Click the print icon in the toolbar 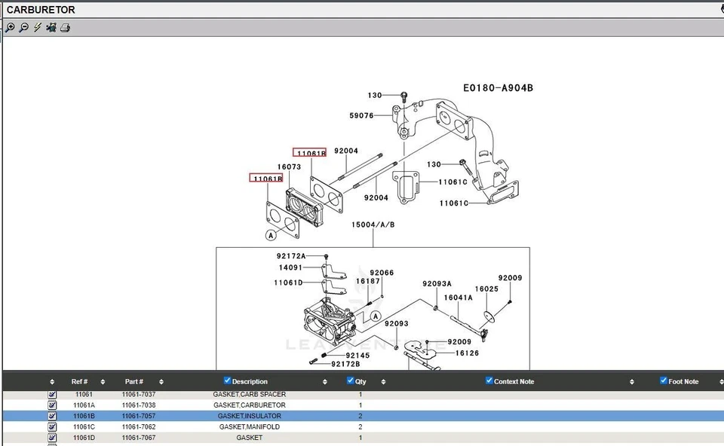click(x=66, y=28)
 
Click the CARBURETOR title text click(x=41, y=10)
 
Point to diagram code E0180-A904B click(x=498, y=87)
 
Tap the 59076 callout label click(x=361, y=115)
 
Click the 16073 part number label click(x=289, y=166)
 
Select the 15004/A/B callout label click(x=373, y=225)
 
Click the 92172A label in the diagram click(x=291, y=256)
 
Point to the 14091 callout click(x=290, y=267)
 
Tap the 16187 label click(x=368, y=281)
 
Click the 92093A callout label click(x=437, y=284)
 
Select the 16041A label click(x=458, y=298)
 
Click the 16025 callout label click(x=486, y=289)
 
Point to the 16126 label click(x=468, y=353)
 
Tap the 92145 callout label click(x=357, y=355)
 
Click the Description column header click(x=250, y=381)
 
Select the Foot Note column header click(x=683, y=381)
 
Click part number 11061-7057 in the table click(x=139, y=416)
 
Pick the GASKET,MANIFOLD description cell click(x=249, y=426)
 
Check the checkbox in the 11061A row click(x=52, y=405)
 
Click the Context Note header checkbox click(x=489, y=380)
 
